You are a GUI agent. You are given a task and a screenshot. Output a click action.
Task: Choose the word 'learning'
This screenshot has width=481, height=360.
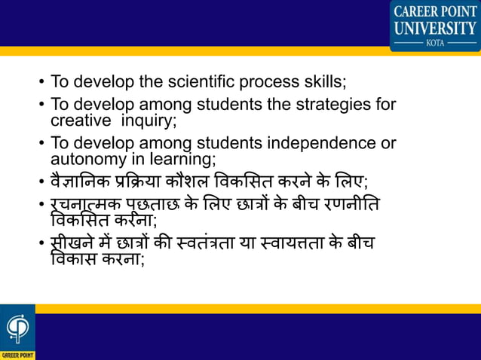[x=186, y=158]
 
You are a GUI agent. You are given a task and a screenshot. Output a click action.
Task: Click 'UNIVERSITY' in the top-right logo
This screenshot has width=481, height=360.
[x=435, y=29]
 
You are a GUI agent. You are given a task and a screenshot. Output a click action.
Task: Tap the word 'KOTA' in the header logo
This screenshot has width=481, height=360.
[x=435, y=43]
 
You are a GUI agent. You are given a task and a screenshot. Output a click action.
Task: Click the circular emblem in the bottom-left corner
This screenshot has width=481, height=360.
[x=16, y=326]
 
